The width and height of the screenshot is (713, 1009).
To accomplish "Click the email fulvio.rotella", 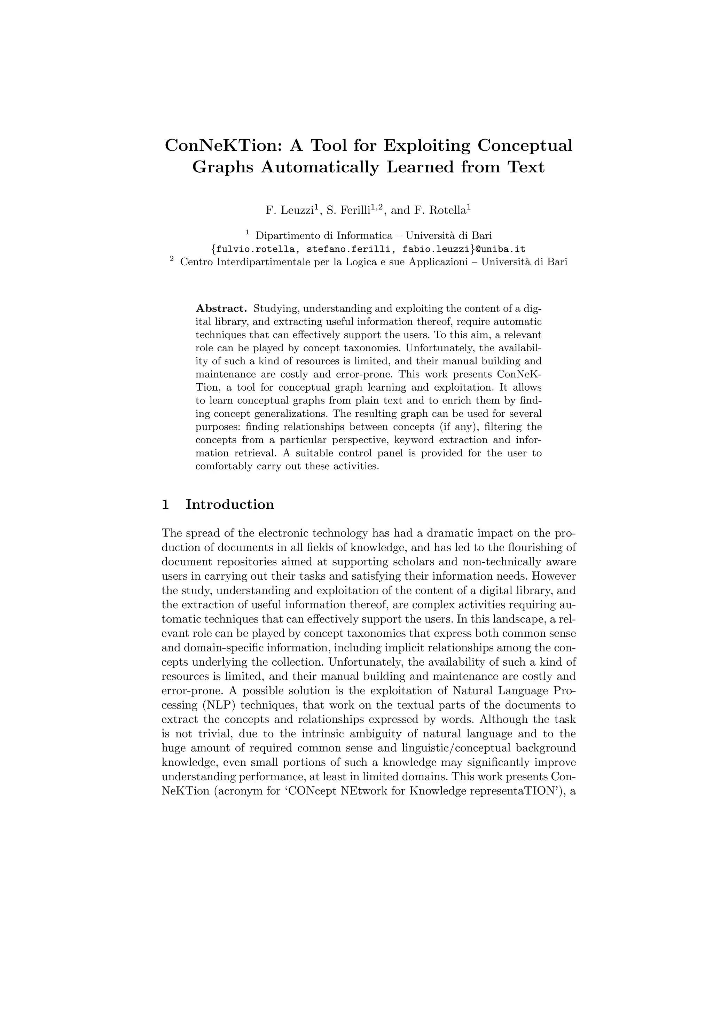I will (255, 249).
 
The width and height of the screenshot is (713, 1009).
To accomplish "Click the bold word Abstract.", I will (221, 308).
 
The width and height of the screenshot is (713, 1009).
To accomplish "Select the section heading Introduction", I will (230, 504).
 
